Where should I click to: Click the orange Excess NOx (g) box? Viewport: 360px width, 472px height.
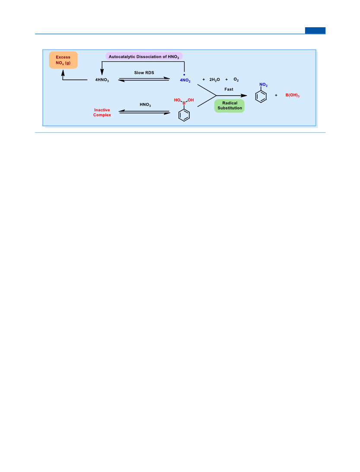point(63,60)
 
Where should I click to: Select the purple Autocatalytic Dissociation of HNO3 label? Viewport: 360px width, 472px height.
point(144,57)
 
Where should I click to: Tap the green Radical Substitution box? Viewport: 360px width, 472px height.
point(229,106)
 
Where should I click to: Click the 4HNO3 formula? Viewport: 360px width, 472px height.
point(102,80)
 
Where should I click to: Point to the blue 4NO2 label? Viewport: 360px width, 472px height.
point(185,80)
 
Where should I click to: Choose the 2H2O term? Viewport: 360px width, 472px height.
point(214,80)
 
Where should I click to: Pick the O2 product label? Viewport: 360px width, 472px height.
point(236,80)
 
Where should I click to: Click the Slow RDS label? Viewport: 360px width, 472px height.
point(144,73)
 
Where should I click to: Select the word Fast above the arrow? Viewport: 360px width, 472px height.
point(229,89)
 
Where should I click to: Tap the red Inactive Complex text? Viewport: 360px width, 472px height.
point(102,112)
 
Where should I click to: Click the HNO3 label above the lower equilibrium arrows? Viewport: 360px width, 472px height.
point(145,105)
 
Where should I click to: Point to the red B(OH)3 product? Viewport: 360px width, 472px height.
point(292,95)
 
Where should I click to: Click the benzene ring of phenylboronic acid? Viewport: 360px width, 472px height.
point(184,115)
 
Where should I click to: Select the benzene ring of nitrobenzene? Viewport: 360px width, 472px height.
point(261,96)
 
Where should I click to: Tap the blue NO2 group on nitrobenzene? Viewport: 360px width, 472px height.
point(264,85)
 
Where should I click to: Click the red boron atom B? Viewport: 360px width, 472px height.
point(184,103)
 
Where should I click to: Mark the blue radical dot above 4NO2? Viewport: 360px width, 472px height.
point(184,75)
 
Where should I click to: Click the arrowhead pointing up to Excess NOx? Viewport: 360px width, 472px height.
point(63,73)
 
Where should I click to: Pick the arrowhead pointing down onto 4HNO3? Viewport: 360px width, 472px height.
point(102,72)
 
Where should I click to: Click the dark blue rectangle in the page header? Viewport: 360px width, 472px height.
point(315,30)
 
